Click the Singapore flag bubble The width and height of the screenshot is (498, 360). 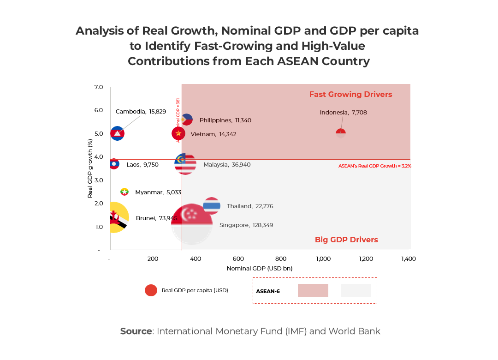click(x=191, y=224)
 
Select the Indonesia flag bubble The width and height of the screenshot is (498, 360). click(x=341, y=133)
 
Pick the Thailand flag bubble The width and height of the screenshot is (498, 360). click(x=212, y=206)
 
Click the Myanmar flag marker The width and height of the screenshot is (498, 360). click(x=124, y=192)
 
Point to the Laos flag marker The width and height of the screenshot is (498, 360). click(x=114, y=164)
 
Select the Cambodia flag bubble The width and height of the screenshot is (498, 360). click(x=118, y=133)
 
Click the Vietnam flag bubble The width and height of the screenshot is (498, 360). click(x=178, y=133)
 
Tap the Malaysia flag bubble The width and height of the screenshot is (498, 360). click(x=185, y=163)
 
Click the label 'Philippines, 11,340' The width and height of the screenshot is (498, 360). click(x=225, y=120)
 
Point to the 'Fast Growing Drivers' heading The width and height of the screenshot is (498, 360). click(x=350, y=95)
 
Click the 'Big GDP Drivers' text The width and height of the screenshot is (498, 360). click(x=346, y=240)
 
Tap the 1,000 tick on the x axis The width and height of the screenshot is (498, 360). click(x=323, y=259)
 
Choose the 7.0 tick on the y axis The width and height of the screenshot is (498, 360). click(x=99, y=87)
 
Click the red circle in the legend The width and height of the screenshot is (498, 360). click(x=151, y=290)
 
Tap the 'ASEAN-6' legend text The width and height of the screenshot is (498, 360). click(x=268, y=291)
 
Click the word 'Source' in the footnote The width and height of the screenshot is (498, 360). click(x=136, y=331)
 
